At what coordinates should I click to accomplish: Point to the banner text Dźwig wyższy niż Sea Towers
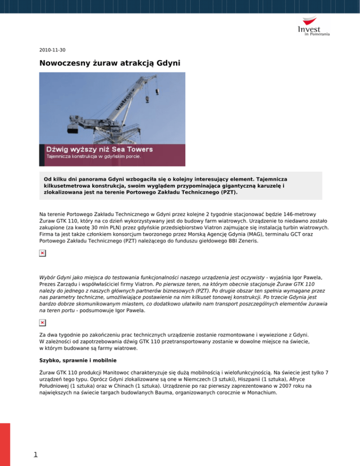(99, 149)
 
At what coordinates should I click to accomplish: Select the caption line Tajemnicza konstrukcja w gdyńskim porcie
(93, 156)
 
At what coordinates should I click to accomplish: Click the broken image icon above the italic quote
(42, 254)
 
